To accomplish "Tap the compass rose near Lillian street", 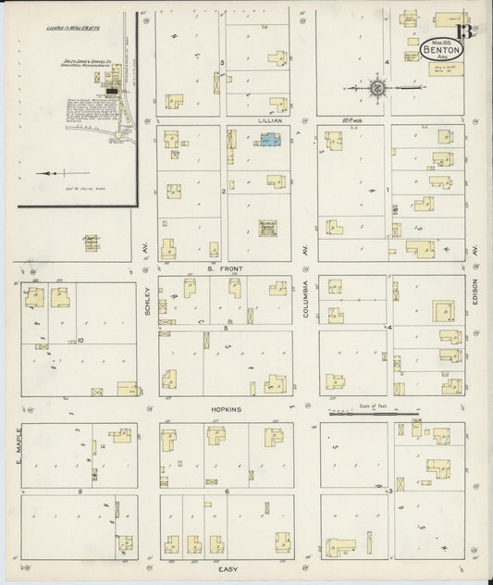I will [x=378, y=89].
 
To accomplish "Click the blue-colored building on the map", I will [x=270, y=140].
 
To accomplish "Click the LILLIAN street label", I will [x=270, y=120].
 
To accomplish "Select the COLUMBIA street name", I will [x=305, y=302].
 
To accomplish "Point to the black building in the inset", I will [x=111, y=91].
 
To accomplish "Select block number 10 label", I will [x=81, y=340].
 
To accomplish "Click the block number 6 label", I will [x=226, y=492].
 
